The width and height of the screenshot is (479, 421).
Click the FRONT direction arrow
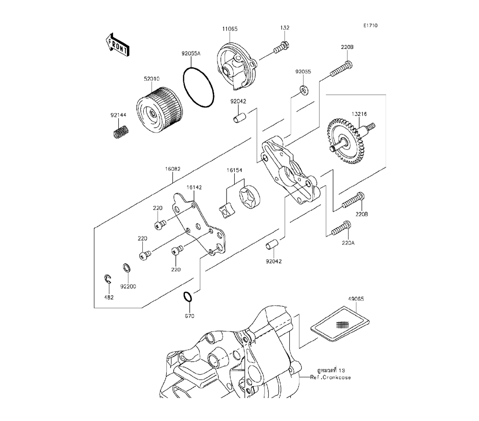pos(117,44)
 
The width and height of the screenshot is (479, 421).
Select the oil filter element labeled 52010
pos(159,110)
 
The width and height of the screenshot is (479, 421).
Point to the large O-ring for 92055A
pos(199,88)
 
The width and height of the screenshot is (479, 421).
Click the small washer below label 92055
pos(304,89)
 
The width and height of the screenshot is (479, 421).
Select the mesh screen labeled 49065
pos(340,323)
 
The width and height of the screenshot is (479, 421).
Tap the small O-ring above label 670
pos(188,297)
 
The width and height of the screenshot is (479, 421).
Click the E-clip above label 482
pos(107,279)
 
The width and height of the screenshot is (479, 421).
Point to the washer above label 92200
pos(126,267)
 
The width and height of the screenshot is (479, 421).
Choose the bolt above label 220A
pos(341,228)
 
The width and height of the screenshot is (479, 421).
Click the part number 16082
pos(173,169)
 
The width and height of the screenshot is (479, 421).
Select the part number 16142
pos(194,188)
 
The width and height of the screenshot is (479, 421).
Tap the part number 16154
pos(234,170)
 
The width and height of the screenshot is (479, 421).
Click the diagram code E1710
pos(370,26)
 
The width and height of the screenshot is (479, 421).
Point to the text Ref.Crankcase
pos(331,377)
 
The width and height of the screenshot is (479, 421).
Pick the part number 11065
pos(230,29)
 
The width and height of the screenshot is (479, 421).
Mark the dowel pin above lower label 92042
pos(272,244)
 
